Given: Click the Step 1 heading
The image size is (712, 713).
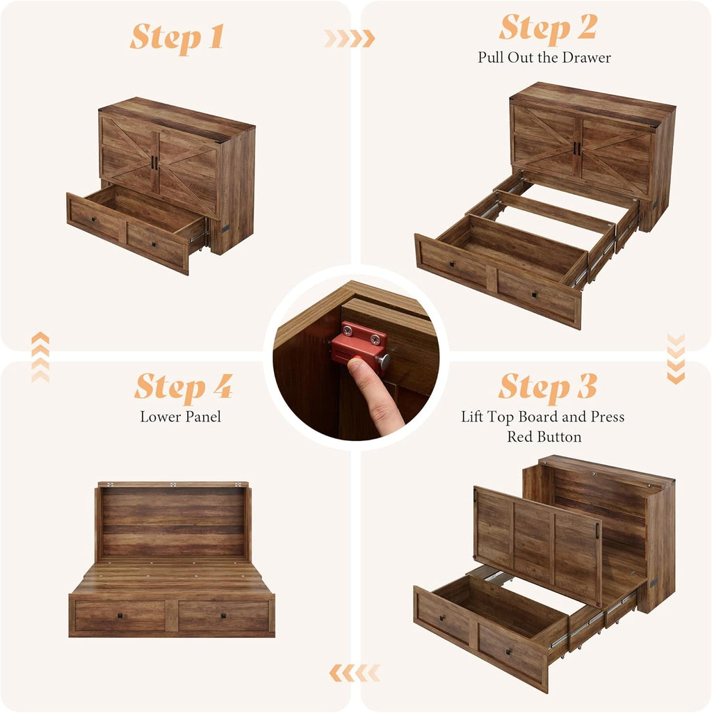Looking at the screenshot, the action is pyautogui.click(x=177, y=37).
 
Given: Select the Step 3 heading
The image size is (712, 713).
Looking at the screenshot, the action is pyautogui.click(x=548, y=387).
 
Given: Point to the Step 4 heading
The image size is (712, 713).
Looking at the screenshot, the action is pyautogui.click(x=184, y=387).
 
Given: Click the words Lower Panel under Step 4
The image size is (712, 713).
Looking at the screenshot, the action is pyautogui.click(x=181, y=417).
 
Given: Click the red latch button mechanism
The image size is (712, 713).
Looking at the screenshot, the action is pyautogui.click(x=359, y=346).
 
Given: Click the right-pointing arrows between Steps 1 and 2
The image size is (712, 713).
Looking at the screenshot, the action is pyautogui.click(x=350, y=39).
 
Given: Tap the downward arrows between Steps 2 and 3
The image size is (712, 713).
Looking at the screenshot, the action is pyautogui.click(x=676, y=359).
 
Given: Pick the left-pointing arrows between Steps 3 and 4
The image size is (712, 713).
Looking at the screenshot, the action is pyautogui.click(x=355, y=673).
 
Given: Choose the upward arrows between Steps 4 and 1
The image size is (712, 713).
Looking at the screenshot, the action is pyautogui.click(x=40, y=357).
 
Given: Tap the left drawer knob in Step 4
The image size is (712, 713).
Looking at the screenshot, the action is pyautogui.click(x=120, y=616).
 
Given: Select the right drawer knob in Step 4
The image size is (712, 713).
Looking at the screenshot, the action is pyautogui.click(x=223, y=616).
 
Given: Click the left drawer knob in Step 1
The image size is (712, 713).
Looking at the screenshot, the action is pyautogui.click(x=92, y=220).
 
